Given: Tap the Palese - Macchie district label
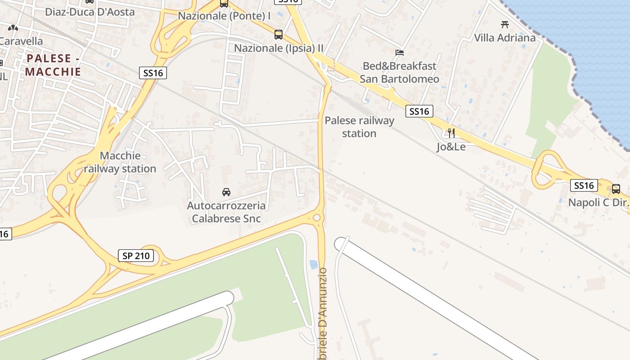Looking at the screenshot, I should coord(54,65).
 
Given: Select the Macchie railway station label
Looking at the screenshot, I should coord(120,162).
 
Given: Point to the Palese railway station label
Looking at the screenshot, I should coord(359,127).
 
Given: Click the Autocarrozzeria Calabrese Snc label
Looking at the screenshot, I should coord(226,212).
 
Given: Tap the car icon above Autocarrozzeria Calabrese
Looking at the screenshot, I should coord(226,193).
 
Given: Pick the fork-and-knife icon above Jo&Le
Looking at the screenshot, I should coord(451,133).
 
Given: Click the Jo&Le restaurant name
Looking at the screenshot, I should coord(451,147).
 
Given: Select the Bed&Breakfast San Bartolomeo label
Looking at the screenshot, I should coord(400,72).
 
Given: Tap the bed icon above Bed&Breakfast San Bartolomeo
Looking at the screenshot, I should coord(399,53).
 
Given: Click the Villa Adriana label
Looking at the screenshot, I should coord(505,38).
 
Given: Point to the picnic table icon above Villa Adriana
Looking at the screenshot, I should coord(504,24).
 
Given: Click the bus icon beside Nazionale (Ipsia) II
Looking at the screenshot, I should coord(279,34).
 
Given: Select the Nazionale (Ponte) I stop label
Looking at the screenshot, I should coord(224,16).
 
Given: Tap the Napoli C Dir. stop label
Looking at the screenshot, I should coord(598,202).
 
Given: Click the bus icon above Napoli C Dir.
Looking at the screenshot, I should coord(616,189).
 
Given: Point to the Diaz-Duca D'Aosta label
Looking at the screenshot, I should coord(90,12).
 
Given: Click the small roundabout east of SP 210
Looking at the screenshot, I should coord(317,218).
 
